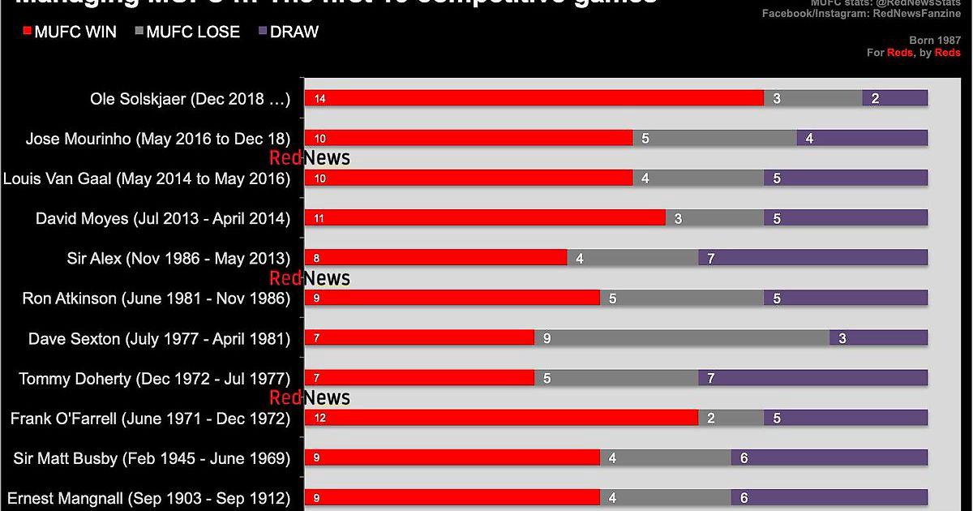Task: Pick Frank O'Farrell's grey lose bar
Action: (x=731, y=418)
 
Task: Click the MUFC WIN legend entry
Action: (x=71, y=32)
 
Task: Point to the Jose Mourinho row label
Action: (x=158, y=139)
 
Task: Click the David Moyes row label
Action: (x=163, y=218)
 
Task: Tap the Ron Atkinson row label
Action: (x=156, y=298)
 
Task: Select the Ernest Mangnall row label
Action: (x=148, y=498)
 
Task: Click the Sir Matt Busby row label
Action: (x=152, y=458)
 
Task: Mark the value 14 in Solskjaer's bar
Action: (x=319, y=99)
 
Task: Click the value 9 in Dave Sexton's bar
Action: (x=547, y=338)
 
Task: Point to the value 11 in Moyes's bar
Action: (x=319, y=218)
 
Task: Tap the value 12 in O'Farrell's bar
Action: (x=319, y=419)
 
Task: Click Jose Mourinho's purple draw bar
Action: (x=862, y=138)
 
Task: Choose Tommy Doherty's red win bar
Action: (x=419, y=377)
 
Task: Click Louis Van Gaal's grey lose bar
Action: (x=698, y=178)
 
